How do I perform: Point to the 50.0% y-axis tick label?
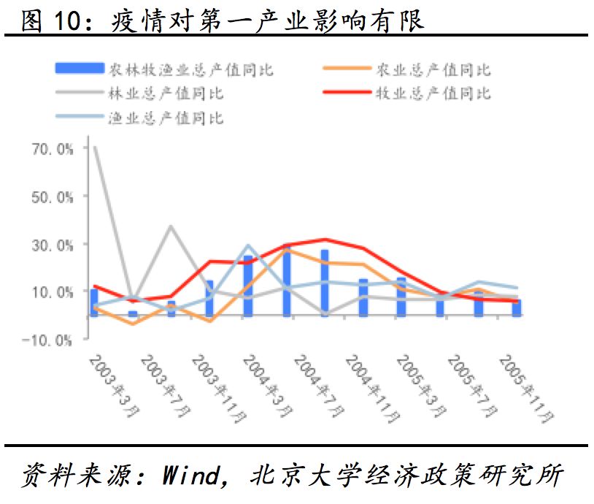click(53, 197)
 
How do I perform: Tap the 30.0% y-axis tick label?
click(53, 245)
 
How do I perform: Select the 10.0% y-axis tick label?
click(53, 292)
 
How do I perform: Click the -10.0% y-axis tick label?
click(50, 340)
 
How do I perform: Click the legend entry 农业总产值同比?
click(433, 70)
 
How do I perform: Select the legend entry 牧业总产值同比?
click(433, 93)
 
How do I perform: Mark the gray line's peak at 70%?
click(95, 148)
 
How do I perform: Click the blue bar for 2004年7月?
click(324, 283)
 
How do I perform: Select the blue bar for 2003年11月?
click(209, 298)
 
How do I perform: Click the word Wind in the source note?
click(190, 476)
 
